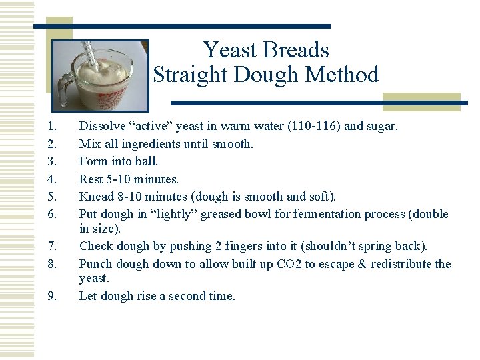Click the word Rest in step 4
[91, 179]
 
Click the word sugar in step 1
[382, 125]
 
